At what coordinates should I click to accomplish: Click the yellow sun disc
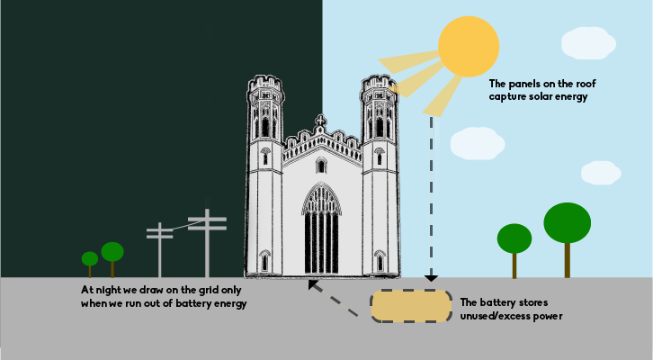pyautogui.click(x=468, y=45)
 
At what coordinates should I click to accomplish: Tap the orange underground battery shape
pyautogui.click(x=410, y=306)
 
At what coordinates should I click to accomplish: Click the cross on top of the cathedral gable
pyautogui.click(x=321, y=121)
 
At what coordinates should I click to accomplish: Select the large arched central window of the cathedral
pyautogui.click(x=321, y=229)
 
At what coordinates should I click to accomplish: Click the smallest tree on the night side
pyautogui.click(x=90, y=260)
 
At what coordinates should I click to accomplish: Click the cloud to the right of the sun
pyautogui.click(x=588, y=40)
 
